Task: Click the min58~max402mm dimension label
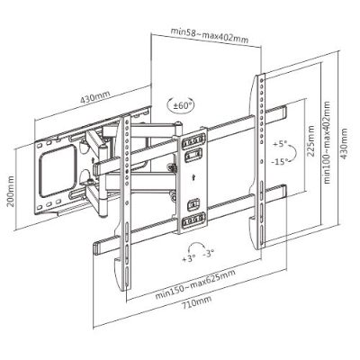click(x=210, y=35)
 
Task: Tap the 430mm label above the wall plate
click(x=94, y=96)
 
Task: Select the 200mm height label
click(x=11, y=191)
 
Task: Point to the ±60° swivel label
click(x=180, y=105)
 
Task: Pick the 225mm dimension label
click(x=311, y=141)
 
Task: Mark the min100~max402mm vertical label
click(x=327, y=142)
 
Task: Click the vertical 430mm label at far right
click(x=344, y=144)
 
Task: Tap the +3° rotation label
click(x=189, y=258)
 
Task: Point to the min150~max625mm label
click(x=195, y=284)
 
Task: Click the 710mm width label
click(x=196, y=301)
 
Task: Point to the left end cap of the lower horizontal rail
click(x=96, y=248)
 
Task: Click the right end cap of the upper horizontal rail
click(x=283, y=112)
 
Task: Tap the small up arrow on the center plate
click(x=194, y=176)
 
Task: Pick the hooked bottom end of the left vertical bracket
click(x=120, y=274)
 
